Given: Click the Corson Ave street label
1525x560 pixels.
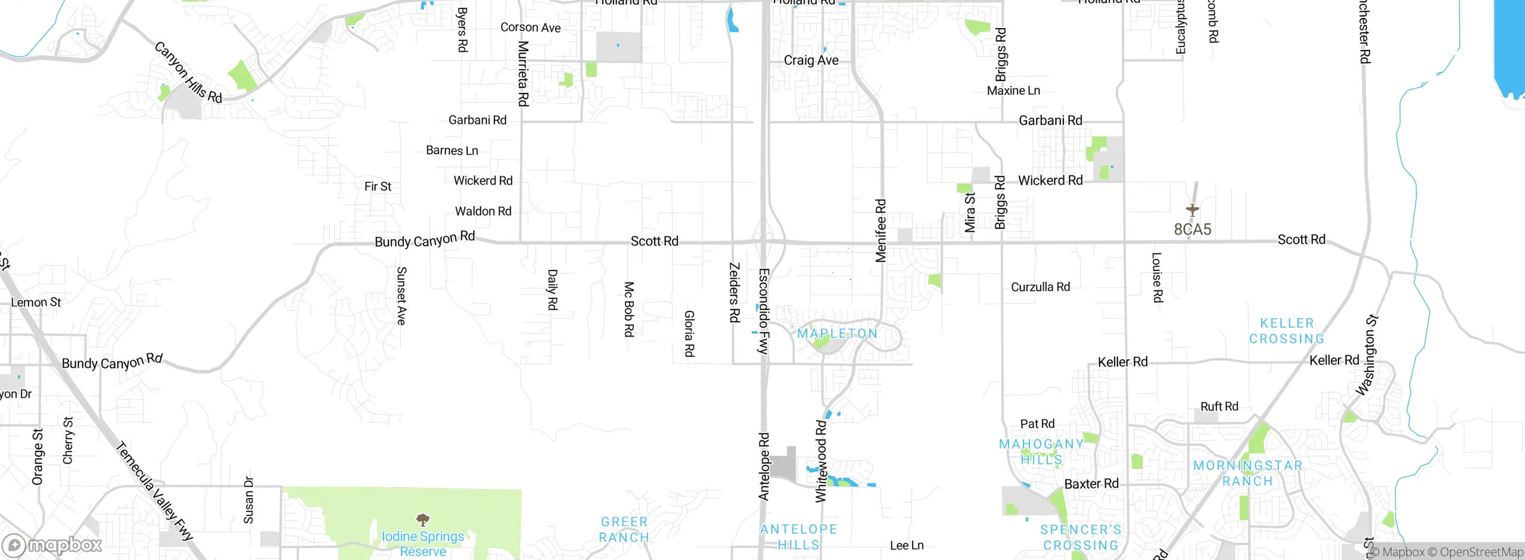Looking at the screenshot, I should [530, 27].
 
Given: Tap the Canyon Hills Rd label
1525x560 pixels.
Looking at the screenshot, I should [188, 72].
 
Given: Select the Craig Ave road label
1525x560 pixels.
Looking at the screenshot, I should [811, 60].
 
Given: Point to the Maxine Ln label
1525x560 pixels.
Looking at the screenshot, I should [1013, 91].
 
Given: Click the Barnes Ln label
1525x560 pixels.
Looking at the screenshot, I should [452, 151].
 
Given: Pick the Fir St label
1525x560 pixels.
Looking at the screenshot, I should [378, 186].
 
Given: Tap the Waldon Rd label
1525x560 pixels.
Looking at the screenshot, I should [483, 211].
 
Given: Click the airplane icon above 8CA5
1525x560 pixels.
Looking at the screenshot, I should [1192, 210].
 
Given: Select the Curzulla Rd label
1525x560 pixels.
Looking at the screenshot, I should [1040, 287].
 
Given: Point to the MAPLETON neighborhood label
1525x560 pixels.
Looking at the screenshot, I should [837, 334].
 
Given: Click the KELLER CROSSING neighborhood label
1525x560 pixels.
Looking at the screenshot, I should [1287, 331].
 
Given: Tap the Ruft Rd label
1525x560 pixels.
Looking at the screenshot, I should [1219, 406].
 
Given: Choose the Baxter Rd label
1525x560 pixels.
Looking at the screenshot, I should [1091, 484].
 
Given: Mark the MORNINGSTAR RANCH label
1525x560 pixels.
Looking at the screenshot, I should [1247, 473].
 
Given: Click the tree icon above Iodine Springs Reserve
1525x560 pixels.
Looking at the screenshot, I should [422, 519].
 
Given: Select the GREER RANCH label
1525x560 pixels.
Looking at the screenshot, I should [624, 530].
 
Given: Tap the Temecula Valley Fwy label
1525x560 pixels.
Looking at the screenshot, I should [154, 491].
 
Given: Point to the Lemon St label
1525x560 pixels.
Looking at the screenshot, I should [36, 303].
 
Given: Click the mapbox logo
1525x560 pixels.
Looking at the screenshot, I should [52, 545].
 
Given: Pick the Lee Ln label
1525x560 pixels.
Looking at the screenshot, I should [906, 545].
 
